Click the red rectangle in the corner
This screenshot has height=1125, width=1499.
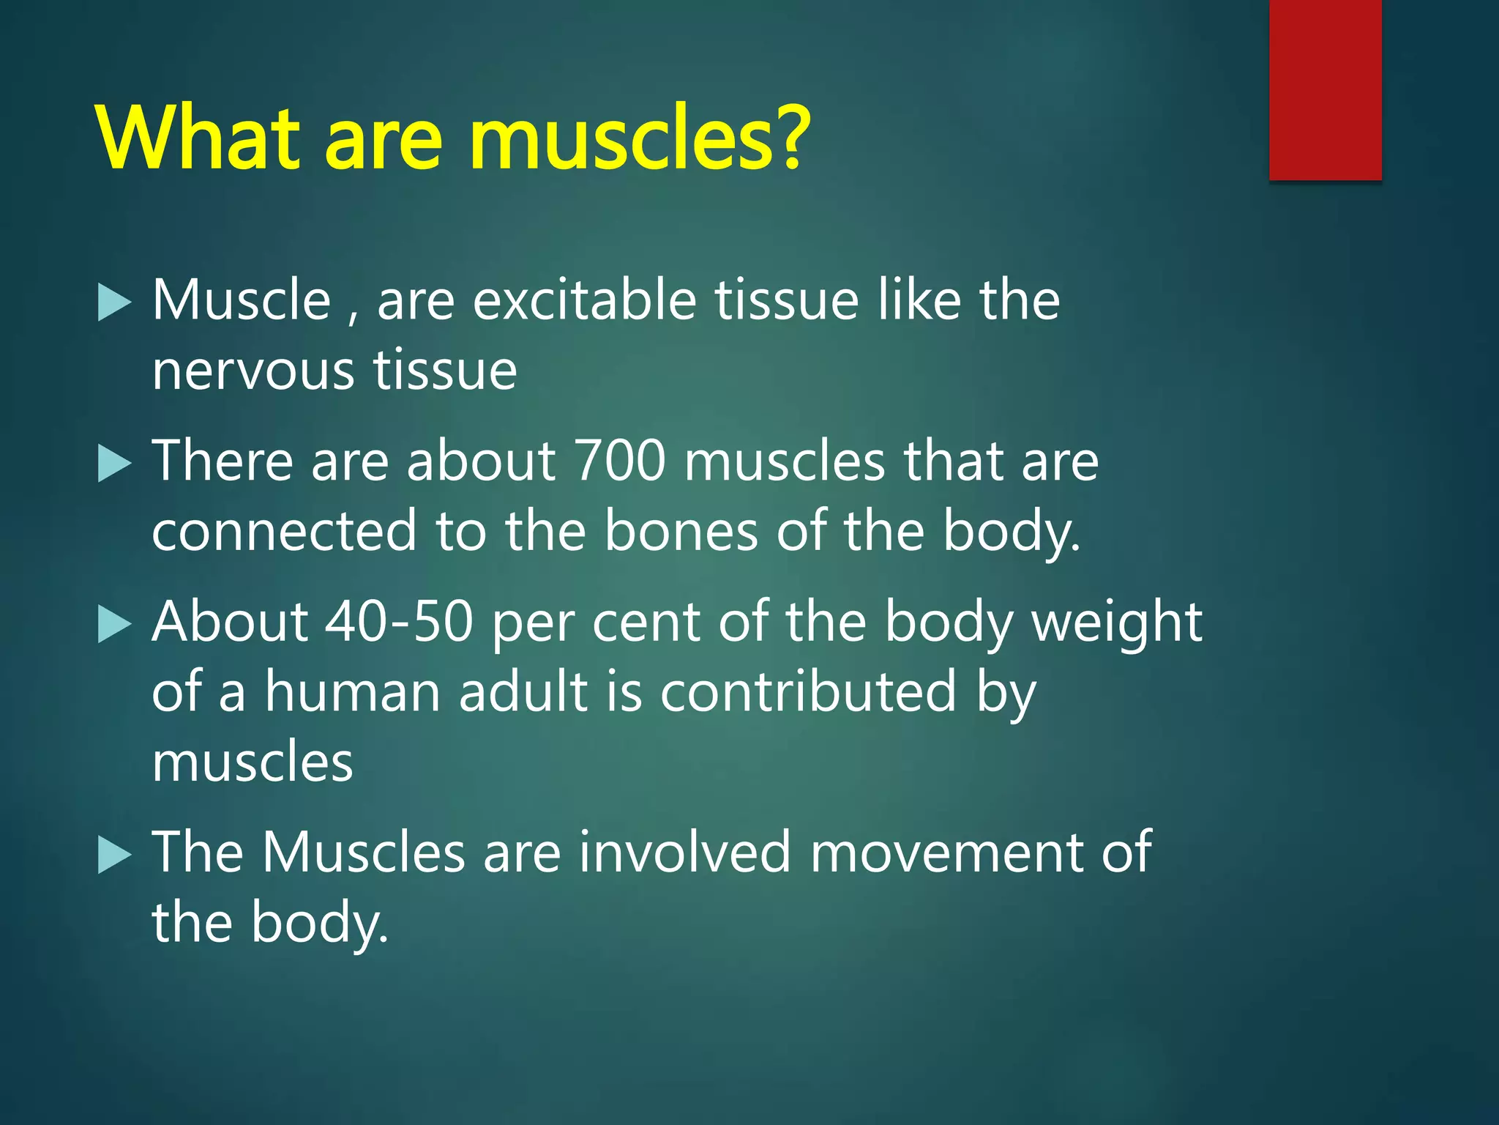coord(1325,89)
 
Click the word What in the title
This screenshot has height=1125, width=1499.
coord(198,139)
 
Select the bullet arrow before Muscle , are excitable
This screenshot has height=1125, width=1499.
coord(113,302)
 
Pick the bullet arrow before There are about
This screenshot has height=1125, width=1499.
coord(113,464)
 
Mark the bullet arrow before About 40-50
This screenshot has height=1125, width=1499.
coord(113,625)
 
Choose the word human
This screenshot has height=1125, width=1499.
coord(352,692)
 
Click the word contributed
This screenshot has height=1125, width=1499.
coord(808,692)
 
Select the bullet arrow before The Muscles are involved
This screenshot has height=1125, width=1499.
coord(113,855)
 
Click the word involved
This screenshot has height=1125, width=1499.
coord(685,853)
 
